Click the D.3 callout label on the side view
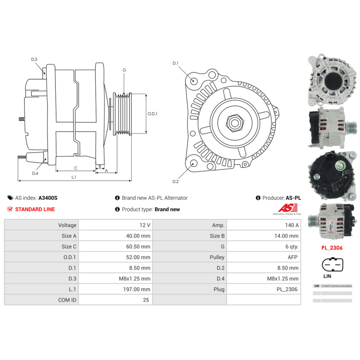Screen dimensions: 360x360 tap(34, 59)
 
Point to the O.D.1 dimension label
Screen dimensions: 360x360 tap(153, 114)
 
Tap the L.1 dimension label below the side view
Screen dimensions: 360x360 tap(74, 177)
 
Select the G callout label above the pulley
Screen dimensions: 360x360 tap(124, 70)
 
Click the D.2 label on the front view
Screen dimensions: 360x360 tap(175, 181)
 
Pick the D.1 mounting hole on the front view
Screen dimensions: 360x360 tap(193, 80)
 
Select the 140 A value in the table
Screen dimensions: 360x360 tap(292, 225)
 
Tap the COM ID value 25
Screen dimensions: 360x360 tap(146, 300)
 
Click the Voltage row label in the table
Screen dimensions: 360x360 tap(67, 225)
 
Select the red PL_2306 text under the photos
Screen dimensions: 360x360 tap(332, 248)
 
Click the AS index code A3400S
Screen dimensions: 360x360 tap(48, 198)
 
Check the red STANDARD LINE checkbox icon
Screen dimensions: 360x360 tap(10, 209)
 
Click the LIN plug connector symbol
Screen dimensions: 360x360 tap(332, 265)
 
